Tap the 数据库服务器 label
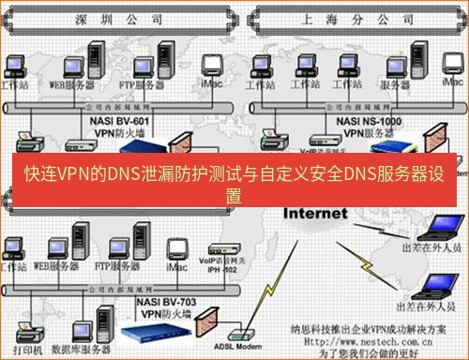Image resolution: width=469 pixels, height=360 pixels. tap(74, 349)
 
